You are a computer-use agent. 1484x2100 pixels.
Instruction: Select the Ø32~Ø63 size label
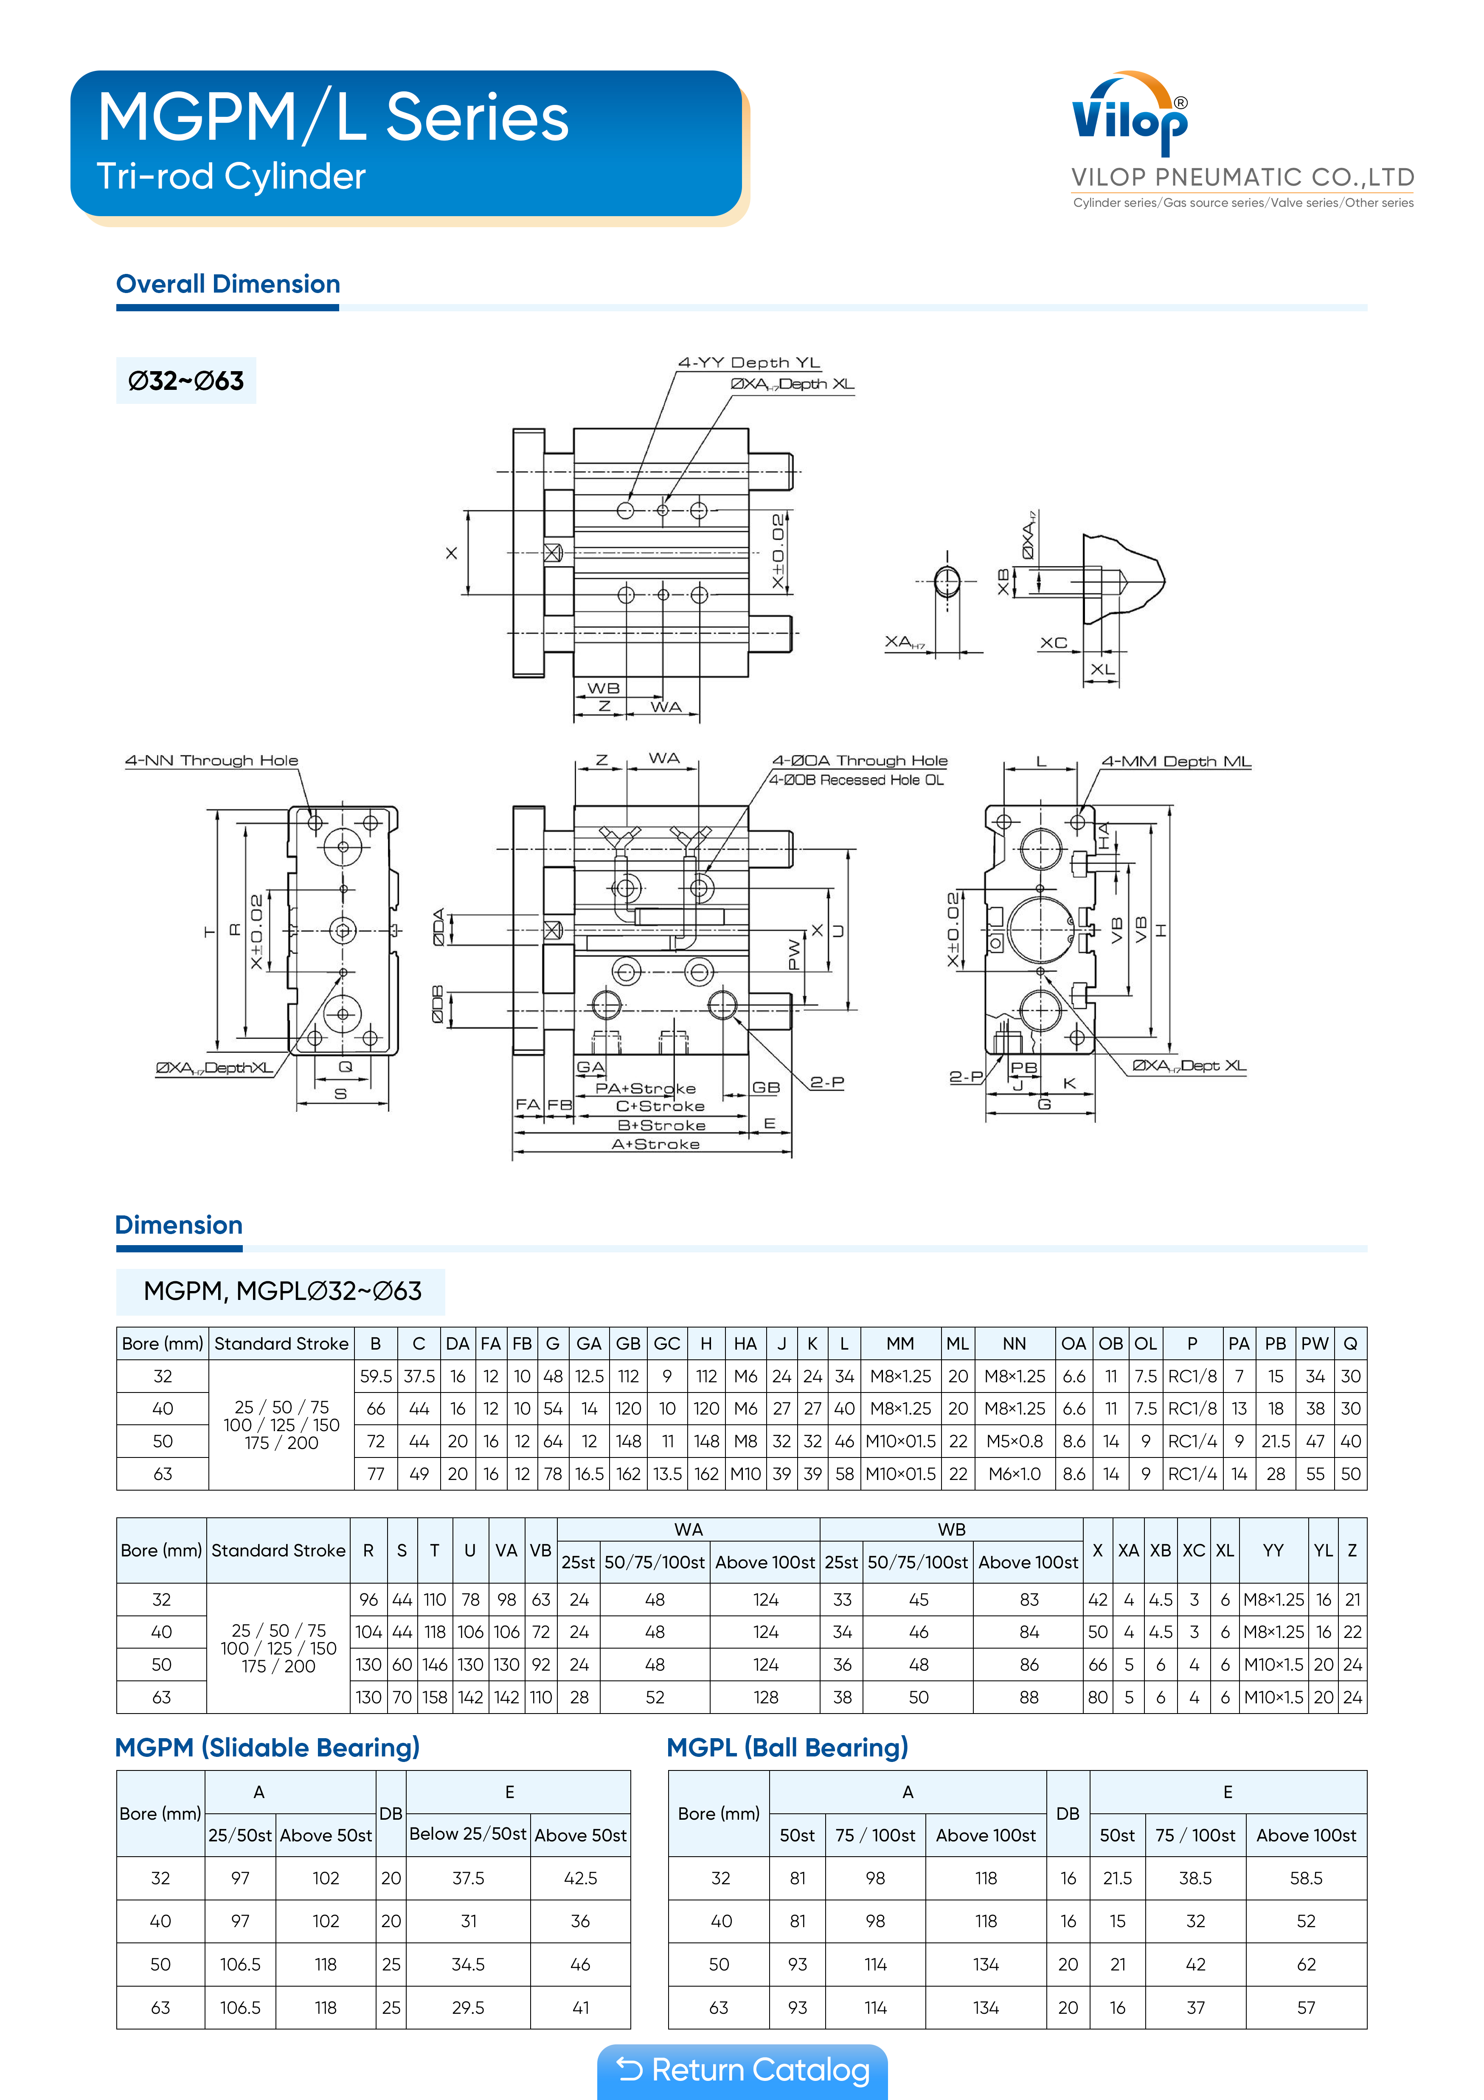click(x=185, y=381)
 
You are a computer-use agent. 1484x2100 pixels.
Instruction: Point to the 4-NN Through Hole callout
click(x=211, y=760)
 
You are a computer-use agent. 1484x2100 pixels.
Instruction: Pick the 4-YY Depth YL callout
click(x=749, y=362)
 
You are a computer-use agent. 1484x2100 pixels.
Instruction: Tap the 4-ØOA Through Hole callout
click(x=860, y=760)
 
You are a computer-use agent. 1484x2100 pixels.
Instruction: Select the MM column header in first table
click(x=900, y=1344)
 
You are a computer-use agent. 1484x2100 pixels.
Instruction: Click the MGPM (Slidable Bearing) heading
click(x=267, y=1747)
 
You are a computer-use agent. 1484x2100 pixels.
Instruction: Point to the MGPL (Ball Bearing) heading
click(x=787, y=1747)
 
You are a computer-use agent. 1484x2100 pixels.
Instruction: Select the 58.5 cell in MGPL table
click(x=1306, y=1878)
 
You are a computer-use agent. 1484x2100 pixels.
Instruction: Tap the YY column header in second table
click(x=1273, y=1550)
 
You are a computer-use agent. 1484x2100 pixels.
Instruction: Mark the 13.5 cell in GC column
click(x=667, y=1474)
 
